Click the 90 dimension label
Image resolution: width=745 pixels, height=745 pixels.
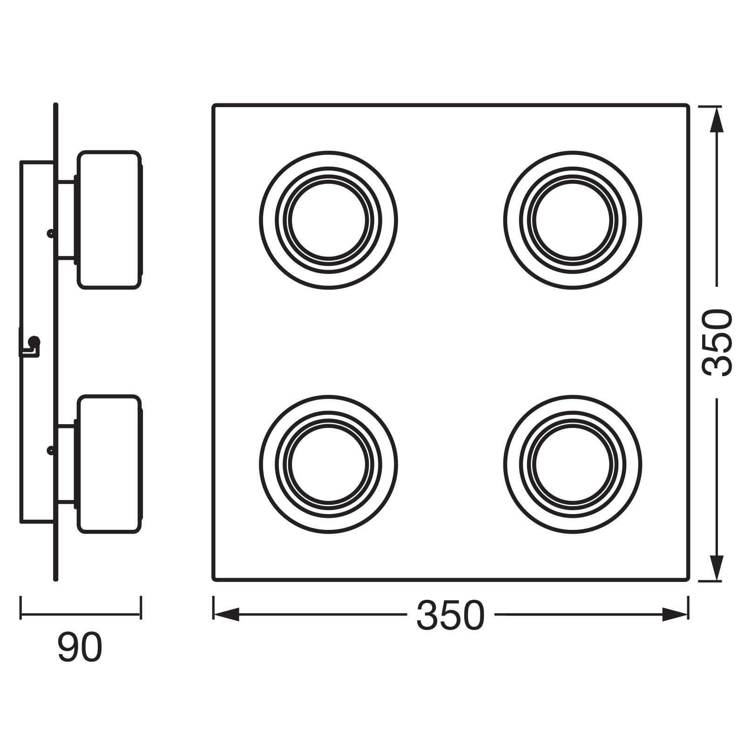click(x=80, y=647)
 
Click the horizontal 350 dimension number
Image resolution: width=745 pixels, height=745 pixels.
click(x=450, y=615)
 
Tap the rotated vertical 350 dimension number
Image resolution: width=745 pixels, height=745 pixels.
click(x=717, y=342)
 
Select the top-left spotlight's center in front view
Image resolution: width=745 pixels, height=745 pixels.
click(x=329, y=220)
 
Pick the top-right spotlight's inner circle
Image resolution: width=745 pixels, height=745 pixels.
click(x=573, y=184)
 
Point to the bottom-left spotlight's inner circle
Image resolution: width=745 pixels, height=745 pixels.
click(x=329, y=428)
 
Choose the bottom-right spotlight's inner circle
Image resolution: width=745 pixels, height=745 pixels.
click(x=573, y=428)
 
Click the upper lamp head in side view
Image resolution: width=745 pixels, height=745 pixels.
click(x=109, y=220)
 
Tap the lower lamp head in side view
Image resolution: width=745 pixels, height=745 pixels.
click(x=109, y=464)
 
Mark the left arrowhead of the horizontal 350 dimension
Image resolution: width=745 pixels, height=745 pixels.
click(x=226, y=615)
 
